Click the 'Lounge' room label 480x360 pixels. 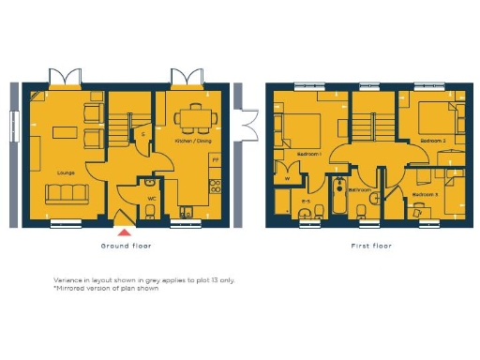[66, 172]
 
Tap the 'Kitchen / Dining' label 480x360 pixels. [193, 142]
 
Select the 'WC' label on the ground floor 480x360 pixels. [150, 198]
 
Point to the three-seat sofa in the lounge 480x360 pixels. [67, 193]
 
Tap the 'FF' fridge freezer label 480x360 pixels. [215, 160]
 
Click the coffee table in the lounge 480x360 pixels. [65, 129]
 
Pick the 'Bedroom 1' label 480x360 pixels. [307, 153]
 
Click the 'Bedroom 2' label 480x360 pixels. [431, 141]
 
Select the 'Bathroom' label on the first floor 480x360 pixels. [360, 190]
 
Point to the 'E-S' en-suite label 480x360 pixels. [306, 202]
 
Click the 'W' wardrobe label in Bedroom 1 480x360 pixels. [286, 177]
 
